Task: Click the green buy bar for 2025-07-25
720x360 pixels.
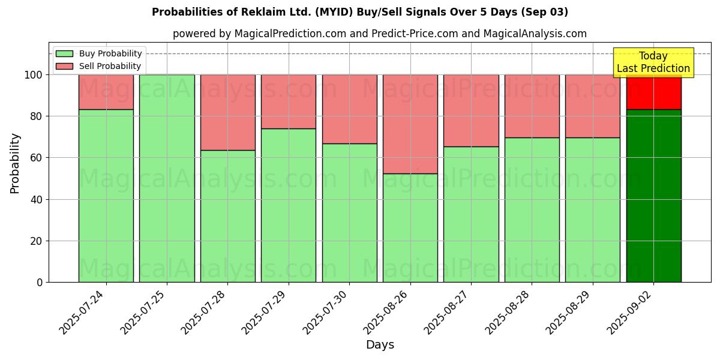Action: point(167,178)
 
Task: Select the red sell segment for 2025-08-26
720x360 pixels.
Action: point(410,124)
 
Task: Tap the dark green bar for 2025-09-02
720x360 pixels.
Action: point(653,196)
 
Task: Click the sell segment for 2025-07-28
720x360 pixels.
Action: point(228,112)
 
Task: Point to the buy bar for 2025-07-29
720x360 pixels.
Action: point(289,205)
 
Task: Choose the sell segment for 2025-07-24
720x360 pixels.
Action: point(106,92)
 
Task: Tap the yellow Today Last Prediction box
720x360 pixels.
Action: point(653,62)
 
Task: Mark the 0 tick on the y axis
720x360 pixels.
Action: point(39,282)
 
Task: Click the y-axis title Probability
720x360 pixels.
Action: point(15,163)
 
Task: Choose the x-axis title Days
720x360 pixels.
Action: point(380,345)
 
